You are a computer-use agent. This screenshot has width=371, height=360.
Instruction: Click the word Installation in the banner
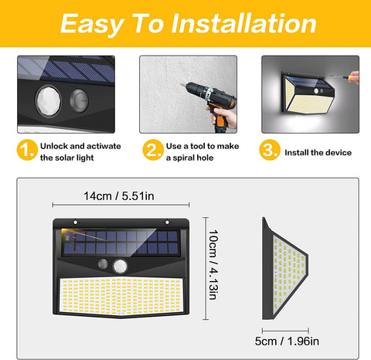click(x=243, y=24)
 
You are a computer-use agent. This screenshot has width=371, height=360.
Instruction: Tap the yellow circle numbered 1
click(x=27, y=150)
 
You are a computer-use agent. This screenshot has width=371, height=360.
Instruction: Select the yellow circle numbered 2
click(x=153, y=150)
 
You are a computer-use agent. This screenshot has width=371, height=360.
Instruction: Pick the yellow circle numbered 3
click(x=270, y=150)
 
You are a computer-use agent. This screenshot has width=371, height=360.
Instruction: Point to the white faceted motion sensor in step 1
click(x=49, y=100)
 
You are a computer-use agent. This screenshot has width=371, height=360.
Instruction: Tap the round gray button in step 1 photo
click(x=79, y=100)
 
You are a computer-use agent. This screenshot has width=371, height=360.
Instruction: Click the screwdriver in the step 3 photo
click(x=344, y=76)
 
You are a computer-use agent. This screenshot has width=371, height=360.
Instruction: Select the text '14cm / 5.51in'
click(x=119, y=196)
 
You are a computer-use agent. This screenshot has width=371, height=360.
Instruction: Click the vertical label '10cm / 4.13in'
click(x=213, y=265)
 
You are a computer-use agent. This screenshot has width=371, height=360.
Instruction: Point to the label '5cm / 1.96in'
click(x=287, y=341)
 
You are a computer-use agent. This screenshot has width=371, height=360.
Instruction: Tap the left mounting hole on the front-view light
click(x=76, y=222)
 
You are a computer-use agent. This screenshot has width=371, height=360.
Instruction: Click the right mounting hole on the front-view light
click(x=167, y=222)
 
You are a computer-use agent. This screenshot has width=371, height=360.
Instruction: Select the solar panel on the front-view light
click(x=121, y=243)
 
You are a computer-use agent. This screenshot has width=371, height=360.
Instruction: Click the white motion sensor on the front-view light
click(x=120, y=267)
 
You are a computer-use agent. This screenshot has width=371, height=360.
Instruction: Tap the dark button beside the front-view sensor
click(x=103, y=264)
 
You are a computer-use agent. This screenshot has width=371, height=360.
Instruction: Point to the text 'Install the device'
click(x=318, y=152)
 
